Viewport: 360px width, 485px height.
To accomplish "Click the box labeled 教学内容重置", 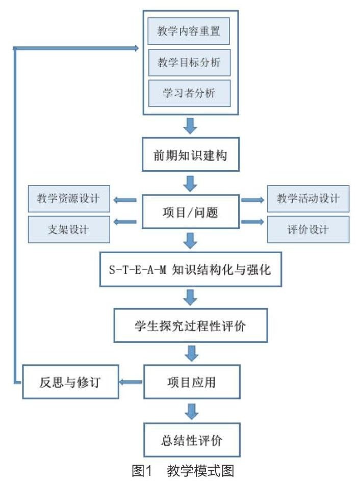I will coord(189,32).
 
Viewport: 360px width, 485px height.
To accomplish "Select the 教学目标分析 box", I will coord(189,63).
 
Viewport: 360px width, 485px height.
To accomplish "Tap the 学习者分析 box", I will coord(189,93).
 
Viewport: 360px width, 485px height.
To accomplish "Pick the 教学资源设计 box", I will coord(69,199).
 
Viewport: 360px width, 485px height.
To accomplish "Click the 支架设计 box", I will coord(69,229).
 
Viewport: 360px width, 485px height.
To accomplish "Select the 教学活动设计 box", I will coord(308,199).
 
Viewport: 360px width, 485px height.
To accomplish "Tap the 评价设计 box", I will coord(308,229).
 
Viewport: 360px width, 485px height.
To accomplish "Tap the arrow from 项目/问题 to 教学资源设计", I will coord(125,200).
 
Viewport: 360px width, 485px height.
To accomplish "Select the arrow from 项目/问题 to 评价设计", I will coord(253,222).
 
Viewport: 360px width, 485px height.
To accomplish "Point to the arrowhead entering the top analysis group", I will coord(137,48).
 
